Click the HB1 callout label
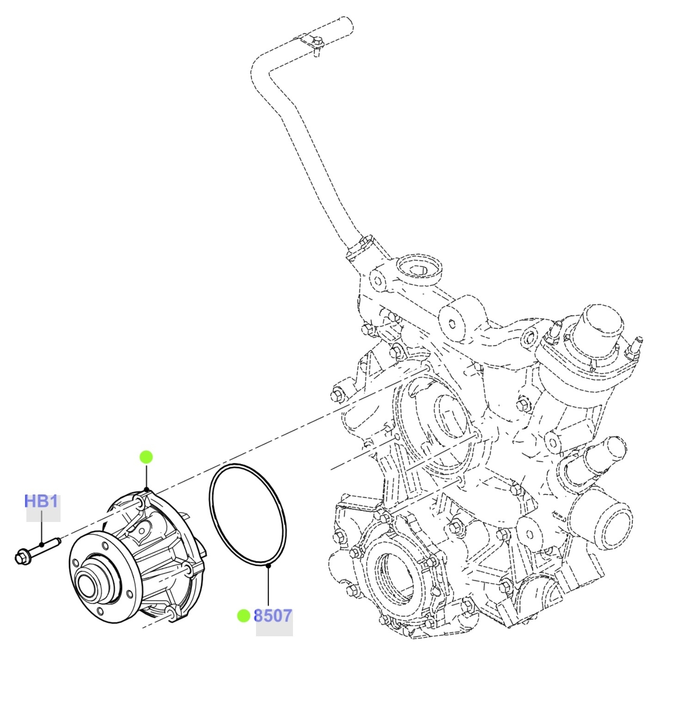[x=41, y=501]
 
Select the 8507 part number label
[x=273, y=616]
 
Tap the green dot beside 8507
[x=244, y=616]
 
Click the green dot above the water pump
[x=146, y=457]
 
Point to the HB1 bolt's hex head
[x=21, y=557]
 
